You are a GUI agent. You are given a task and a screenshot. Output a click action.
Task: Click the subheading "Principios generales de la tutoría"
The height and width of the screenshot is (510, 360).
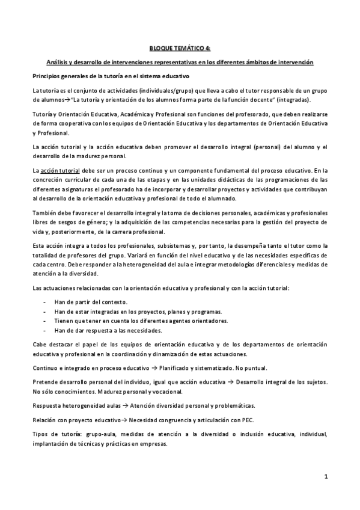pos(111,76)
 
